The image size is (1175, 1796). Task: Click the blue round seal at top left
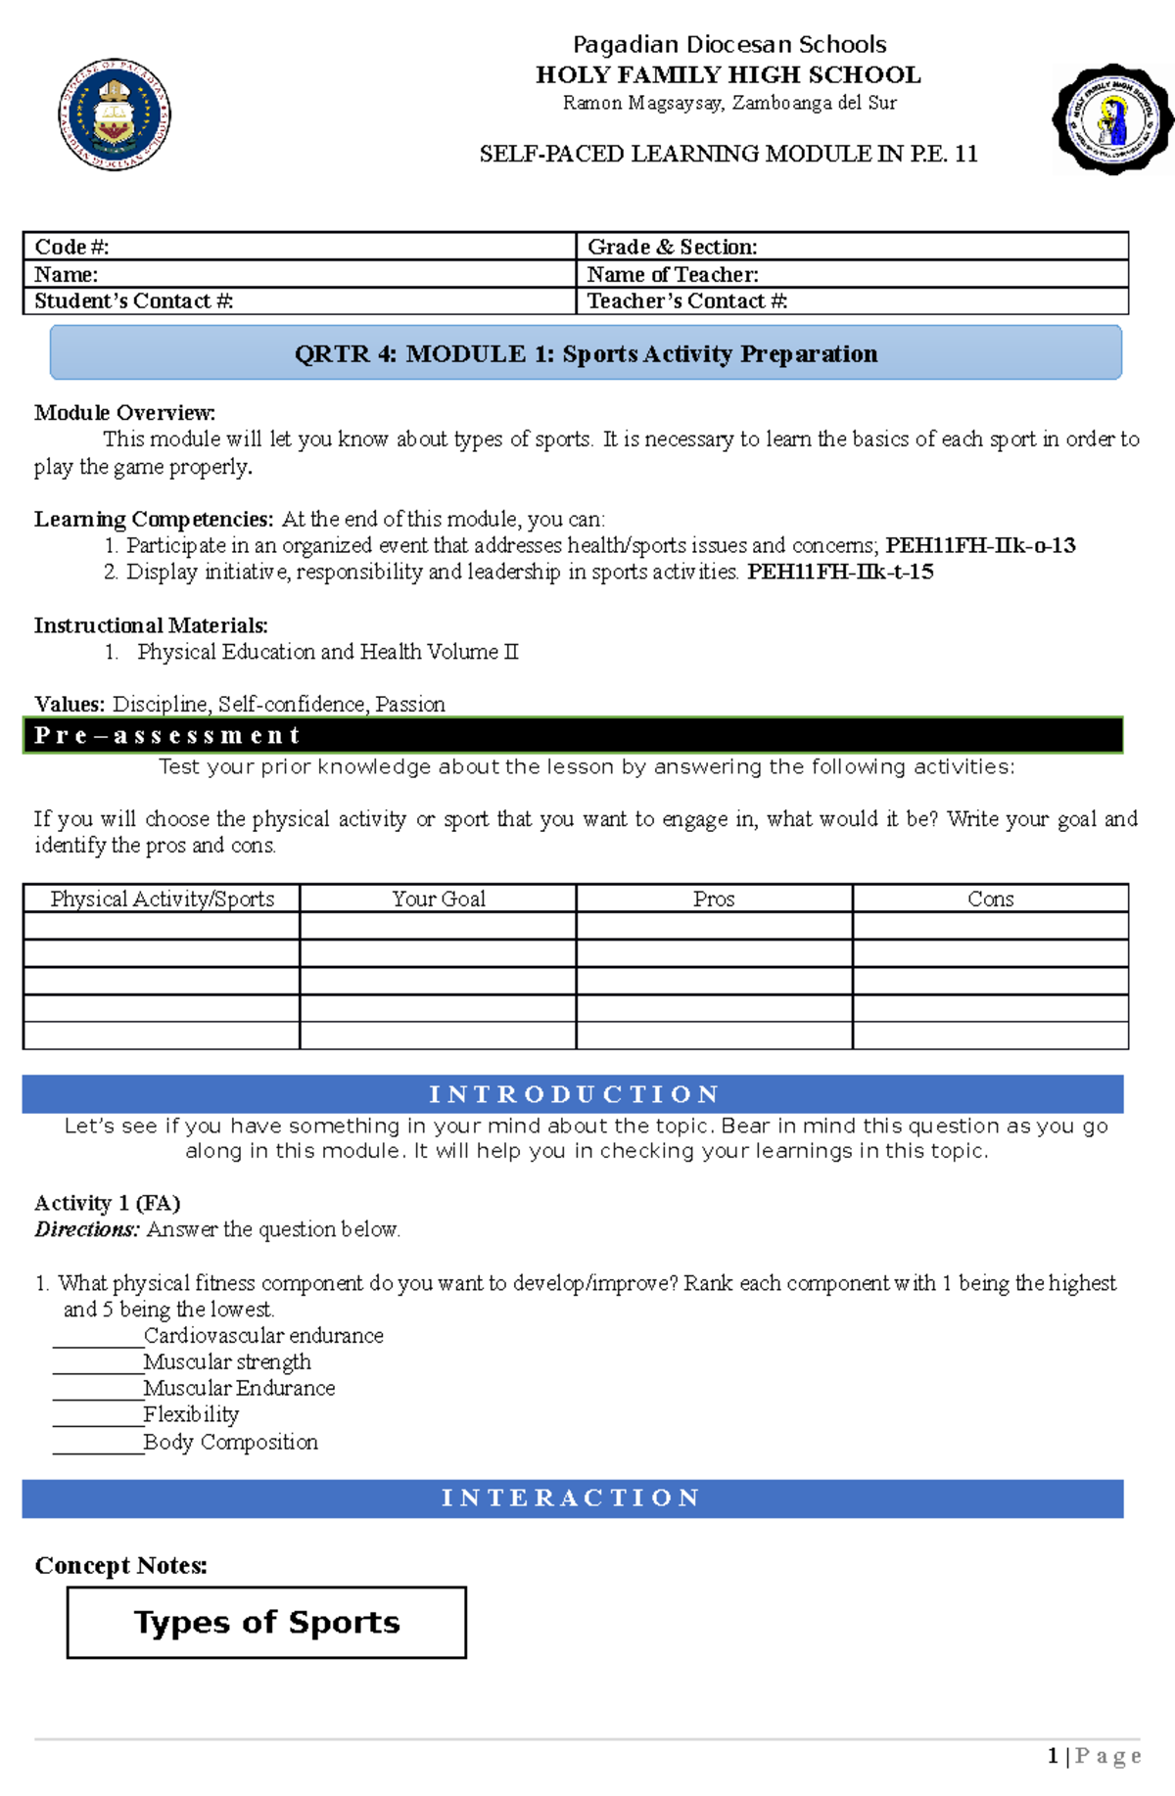click(115, 115)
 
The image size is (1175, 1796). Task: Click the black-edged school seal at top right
click(1112, 120)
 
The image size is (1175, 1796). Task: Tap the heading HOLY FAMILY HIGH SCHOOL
click(728, 74)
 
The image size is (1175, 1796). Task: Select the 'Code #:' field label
click(71, 247)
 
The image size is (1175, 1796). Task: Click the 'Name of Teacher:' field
click(673, 274)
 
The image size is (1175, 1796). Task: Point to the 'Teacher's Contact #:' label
click(686, 301)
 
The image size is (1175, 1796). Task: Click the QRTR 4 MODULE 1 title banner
click(586, 353)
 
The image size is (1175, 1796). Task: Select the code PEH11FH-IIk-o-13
click(979, 545)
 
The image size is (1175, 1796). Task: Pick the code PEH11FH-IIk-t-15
click(839, 572)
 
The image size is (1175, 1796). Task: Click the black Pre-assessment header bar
click(572, 735)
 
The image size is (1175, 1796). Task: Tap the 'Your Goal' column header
click(438, 898)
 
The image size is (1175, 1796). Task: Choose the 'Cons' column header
click(990, 898)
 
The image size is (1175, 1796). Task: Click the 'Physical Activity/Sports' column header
click(162, 898)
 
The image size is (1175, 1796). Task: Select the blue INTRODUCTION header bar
click(572, 1093)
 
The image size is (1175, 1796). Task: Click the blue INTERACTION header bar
click(572, 1497)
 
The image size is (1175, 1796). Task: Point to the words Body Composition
click(230, 1442)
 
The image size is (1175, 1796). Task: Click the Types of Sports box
click(266, 1622)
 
